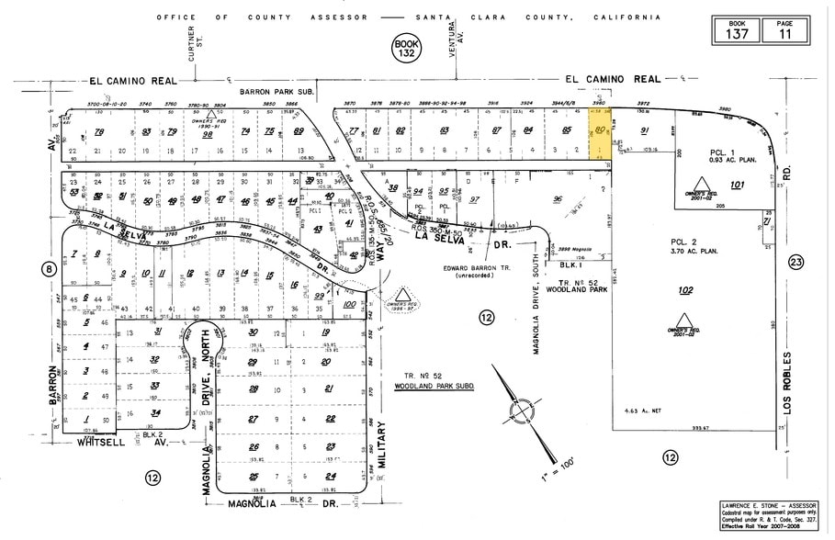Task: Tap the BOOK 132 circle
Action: [405, 47]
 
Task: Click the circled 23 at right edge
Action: [796, 263]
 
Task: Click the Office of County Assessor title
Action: [408, 17]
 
